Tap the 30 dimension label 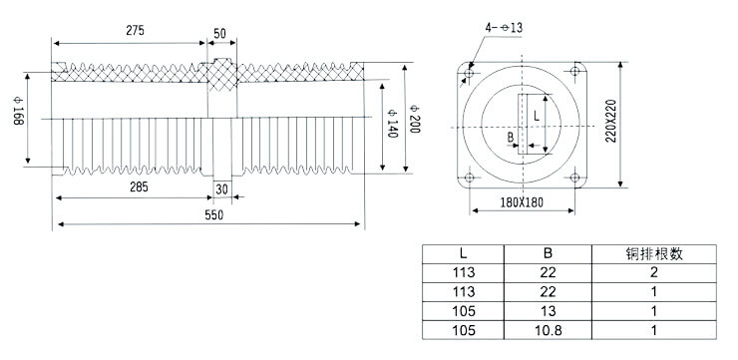pyautogui.click(x=221, y=187)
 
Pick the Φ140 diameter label pyautogui.click(x=392, y=121)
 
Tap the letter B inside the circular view pyautogui.click(x=511, y=137)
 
